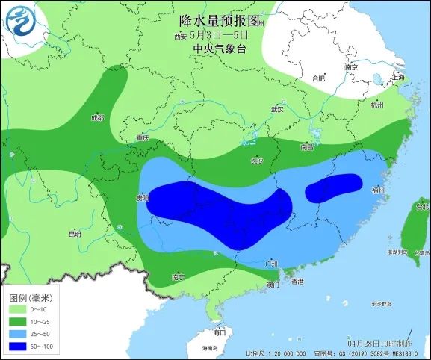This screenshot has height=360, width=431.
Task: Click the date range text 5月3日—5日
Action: coord(218,34)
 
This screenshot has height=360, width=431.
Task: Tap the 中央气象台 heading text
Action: coord(218,49)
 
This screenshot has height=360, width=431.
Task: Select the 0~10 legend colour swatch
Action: coord(16,309)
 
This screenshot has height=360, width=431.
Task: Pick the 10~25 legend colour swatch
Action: coord(16,322)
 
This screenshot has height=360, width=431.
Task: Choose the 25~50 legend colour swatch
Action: coord(16,334)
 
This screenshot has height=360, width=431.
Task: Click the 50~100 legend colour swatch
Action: coord(16,347)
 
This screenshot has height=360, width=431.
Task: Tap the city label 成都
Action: coord(97,118)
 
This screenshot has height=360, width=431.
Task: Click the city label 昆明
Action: coord(74,234)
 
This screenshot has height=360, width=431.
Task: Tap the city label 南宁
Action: coord(177,277)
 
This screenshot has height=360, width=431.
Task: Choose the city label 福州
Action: coord(377,191)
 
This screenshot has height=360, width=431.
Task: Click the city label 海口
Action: coord(219,331)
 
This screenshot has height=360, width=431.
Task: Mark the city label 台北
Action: coord(422,206)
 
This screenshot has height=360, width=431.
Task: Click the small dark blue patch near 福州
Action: coord(334,187)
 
